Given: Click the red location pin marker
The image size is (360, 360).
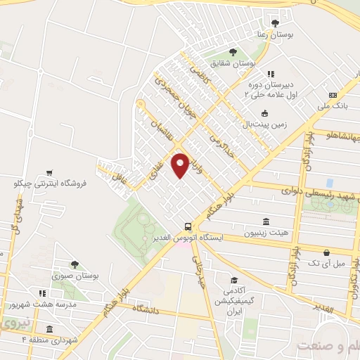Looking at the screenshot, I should [x=180, y=165].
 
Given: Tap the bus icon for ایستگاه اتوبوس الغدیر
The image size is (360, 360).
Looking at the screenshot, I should [x=188, y=226].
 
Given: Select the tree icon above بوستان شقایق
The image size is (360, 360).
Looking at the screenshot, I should [x=233, y=51].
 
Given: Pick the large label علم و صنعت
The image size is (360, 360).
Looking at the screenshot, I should [x=328, y=345].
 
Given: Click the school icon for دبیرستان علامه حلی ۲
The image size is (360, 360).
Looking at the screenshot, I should [x=271, y=72].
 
